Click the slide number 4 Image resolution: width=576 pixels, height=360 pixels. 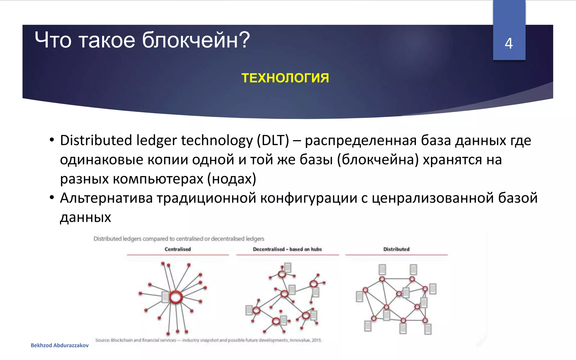508,44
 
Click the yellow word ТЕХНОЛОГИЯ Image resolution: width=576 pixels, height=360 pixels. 285,78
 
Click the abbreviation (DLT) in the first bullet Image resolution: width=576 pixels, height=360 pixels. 273,140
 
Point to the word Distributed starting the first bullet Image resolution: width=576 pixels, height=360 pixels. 96,140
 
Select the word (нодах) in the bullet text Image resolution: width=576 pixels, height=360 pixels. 232,179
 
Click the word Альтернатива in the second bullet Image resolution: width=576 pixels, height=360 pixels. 106,198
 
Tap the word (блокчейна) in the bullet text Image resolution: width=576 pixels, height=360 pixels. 378,159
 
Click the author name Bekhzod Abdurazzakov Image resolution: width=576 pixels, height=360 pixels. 60,345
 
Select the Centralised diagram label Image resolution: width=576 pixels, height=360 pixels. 177,249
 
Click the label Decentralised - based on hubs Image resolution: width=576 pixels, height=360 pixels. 287,249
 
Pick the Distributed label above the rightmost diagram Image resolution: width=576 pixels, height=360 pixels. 396,249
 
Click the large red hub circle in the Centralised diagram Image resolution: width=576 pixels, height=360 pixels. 176,297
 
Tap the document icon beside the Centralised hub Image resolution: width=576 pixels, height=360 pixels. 165,297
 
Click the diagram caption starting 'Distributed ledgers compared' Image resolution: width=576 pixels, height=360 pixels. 179,239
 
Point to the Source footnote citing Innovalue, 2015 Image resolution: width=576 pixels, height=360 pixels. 208,340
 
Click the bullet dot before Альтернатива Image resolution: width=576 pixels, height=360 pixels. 51,198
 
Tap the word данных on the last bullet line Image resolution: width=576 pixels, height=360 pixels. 85,217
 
